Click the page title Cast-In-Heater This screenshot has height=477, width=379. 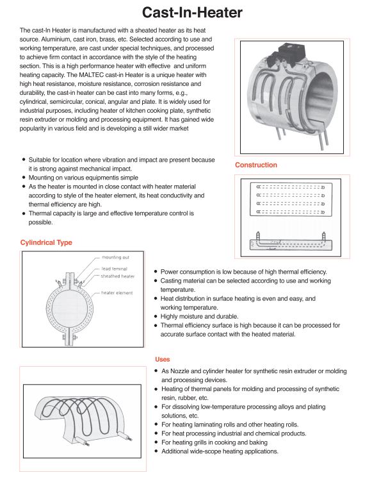[192, 12]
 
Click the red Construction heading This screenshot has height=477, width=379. [256, 165]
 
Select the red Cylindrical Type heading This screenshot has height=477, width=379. [46, 242]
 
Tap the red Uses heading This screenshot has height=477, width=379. [163, 359]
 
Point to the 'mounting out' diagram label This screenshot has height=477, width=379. [115, 257]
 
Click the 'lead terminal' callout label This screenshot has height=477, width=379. [114, 269]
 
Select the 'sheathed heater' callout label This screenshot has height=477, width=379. [118, 276]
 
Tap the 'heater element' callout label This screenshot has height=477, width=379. [117, 292]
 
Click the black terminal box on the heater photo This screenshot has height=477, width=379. [291, 51]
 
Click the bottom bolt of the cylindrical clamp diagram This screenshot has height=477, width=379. [70, 337]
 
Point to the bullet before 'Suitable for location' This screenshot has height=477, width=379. [24, 160]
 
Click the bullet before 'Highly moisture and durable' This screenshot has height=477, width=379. [156, 316]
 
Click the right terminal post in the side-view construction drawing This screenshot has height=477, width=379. [324, 237]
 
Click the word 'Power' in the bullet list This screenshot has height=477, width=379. [169, 272]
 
